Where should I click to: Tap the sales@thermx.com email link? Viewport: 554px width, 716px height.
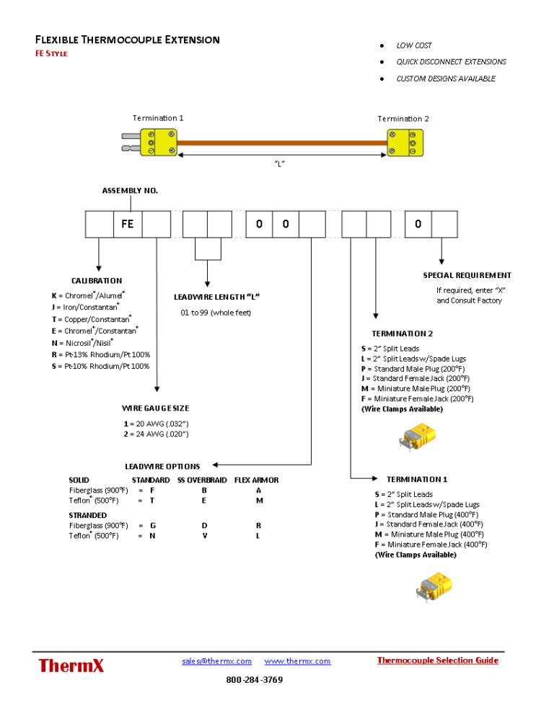pos(216,661)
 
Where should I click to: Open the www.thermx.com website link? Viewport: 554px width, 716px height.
pos(297,661)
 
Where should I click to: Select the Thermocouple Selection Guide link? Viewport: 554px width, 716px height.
pos(437,661)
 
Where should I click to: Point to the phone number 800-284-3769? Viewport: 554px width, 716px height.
pos(254,680)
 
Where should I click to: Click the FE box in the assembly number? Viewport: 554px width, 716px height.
pos(128,224)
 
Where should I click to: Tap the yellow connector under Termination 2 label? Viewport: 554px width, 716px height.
pos(405,142)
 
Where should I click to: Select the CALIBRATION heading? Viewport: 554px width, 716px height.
pos(97,281)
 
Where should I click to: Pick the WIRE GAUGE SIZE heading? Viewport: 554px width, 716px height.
pos(155,408)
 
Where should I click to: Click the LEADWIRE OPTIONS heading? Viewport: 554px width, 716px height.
pos(162,467)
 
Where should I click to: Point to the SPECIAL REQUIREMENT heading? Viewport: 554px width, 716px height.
pos(467,275)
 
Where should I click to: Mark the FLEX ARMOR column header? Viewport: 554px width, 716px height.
pos(256,480)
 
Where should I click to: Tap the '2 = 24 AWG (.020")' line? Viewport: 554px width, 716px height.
pos(156,434)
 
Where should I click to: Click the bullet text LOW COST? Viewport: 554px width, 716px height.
pos(414,45)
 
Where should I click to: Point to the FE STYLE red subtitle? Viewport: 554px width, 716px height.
pos(51,54)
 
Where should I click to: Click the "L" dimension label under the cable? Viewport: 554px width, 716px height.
pos(279,164)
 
